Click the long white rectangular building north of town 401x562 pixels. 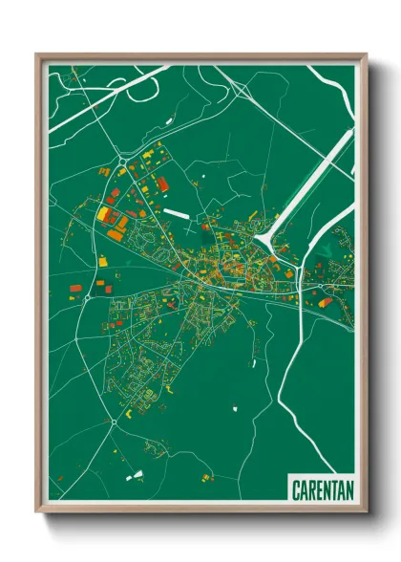coord(178,212)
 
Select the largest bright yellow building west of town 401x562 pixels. coord(102,212)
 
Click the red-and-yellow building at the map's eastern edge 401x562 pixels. coord(327,302)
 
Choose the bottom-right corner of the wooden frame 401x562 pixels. coord(365,513)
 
